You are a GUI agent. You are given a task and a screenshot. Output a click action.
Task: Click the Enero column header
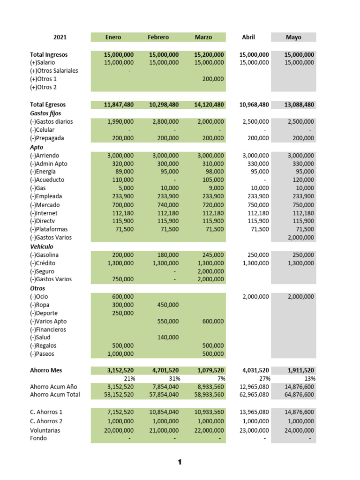click(113, 37)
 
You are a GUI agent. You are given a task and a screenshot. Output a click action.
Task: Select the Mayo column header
click(293, 37)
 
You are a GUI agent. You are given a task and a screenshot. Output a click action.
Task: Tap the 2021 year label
click(60, 37)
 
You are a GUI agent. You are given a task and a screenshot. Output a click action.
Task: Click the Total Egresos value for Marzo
click(209, 105)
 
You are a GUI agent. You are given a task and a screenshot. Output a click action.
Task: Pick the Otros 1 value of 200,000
click(213, 79)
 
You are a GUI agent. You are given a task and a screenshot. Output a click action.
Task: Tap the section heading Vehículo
click(42, 247)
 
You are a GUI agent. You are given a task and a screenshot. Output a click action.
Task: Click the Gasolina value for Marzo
click(213, 255)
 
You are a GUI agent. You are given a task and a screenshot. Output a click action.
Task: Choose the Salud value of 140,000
click(168, 337)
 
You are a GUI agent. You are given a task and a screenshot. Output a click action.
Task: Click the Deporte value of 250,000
click(122, 313)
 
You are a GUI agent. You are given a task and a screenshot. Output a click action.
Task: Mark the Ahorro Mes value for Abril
click(254, 370)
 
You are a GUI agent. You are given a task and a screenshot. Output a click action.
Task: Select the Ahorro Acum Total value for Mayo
click(299, 395)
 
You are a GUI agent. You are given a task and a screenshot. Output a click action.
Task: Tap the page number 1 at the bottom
click(180, 463)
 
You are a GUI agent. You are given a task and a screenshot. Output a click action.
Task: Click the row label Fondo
click(38, 439)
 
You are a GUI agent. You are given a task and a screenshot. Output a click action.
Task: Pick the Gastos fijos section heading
click(45, 113)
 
